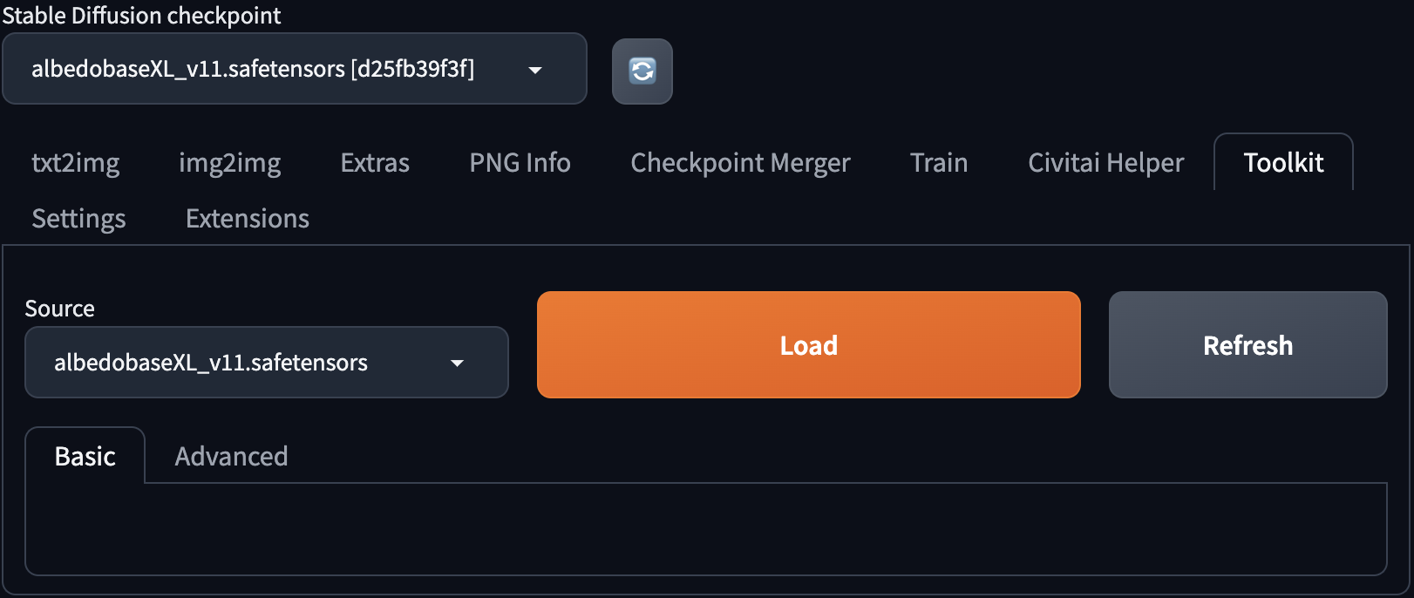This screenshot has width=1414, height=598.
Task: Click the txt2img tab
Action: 76,163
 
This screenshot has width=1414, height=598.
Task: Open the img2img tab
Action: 230,163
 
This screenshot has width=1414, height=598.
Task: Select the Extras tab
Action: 375,163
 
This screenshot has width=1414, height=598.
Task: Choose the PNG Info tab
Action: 520,163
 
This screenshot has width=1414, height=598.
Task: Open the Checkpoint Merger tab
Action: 741,163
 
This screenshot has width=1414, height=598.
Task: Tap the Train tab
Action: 939,163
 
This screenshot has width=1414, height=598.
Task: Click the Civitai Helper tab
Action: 1106,163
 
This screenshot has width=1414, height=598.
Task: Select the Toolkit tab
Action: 1283,163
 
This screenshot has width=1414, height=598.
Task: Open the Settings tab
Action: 79,219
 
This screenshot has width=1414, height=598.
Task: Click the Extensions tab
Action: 248,219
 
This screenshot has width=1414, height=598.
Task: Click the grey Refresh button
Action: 1247,345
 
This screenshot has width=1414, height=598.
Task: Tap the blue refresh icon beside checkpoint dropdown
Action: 642,71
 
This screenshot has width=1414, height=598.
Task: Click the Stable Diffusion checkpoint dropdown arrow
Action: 535,70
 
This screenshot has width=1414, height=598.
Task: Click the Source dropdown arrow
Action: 457,363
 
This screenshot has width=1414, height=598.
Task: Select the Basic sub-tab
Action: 85,456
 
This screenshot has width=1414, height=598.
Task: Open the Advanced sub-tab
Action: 232,456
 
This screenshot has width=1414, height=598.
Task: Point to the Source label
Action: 60,309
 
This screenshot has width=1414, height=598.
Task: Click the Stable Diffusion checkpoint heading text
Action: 141,16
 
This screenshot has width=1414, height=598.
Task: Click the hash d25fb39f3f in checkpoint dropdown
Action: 412,69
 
